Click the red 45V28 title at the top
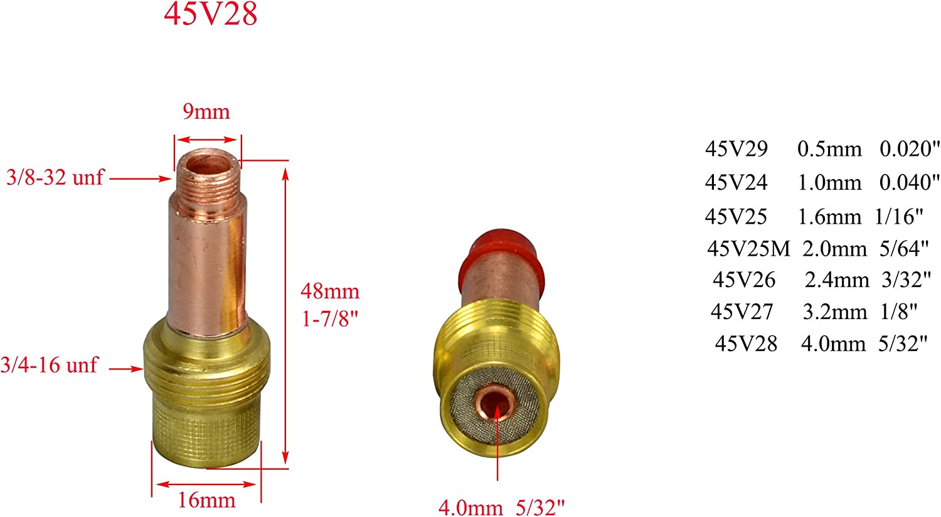coord(211,14)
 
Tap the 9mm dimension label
coord(206,112)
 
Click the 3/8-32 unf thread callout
coord(55,177)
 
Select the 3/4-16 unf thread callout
coord(49,365)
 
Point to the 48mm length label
coord(330,291)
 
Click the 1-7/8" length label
coord(330,319)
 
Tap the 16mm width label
coord(207,501)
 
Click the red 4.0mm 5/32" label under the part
coord(501,507)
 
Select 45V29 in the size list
coord(736,149)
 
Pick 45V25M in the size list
coord(748,249)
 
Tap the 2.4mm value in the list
coord(837,280)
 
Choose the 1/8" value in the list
coord(899,312)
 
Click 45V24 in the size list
coord(736,182)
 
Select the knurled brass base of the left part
coord(207,433)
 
